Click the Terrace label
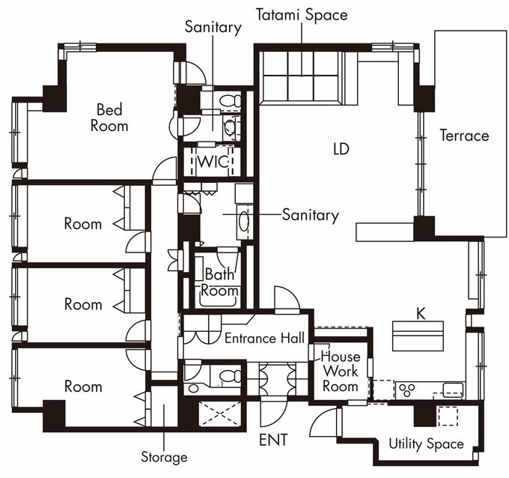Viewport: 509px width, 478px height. tap(464, 136)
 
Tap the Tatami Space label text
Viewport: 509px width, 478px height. tap(302, 15)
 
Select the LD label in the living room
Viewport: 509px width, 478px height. tap(341, 149)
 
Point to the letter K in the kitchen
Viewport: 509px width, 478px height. tap(421, 314)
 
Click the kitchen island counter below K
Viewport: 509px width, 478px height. tap(418, 336)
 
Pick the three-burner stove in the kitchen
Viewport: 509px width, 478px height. tap(406, 390)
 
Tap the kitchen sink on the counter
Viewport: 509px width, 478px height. tap(454, 390)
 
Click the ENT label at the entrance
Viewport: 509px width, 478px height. tap(273, 440)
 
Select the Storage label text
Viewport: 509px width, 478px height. tap(164, 457)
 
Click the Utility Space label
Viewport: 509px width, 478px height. tap(426, 444)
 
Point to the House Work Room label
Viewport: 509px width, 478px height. tap(340, 372)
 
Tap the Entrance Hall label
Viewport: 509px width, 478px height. tap(264, 338)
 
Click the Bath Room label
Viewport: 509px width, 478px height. tap(220, 282)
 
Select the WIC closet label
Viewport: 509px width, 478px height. tap(213, 162)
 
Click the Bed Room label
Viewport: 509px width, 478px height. tap(109, 118)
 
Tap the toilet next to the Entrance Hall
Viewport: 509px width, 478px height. tap(230, 376)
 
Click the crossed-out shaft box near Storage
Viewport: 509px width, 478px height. tap(219, 414)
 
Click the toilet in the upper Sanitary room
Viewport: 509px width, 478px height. tap(230, 101)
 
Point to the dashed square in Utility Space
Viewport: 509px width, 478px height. tap(448, 417)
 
